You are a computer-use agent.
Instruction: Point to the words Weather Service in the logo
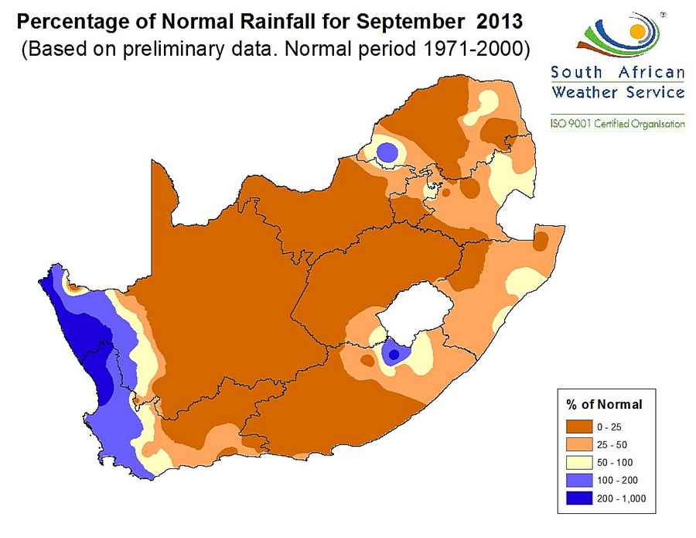(x=618, y=93)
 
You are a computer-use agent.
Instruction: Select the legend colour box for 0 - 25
(x=580, y=427)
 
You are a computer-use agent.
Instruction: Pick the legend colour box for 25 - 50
(x=580, y=444)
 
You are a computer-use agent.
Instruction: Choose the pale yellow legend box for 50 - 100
(x=580, y=462)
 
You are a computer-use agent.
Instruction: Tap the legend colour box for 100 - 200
(x=580, y=480)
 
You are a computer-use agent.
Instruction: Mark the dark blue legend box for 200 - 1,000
(x=580, y=498)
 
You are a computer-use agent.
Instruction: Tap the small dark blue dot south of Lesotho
(x=394, y=355)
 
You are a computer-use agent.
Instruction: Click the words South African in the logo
(x=618, y=74)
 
